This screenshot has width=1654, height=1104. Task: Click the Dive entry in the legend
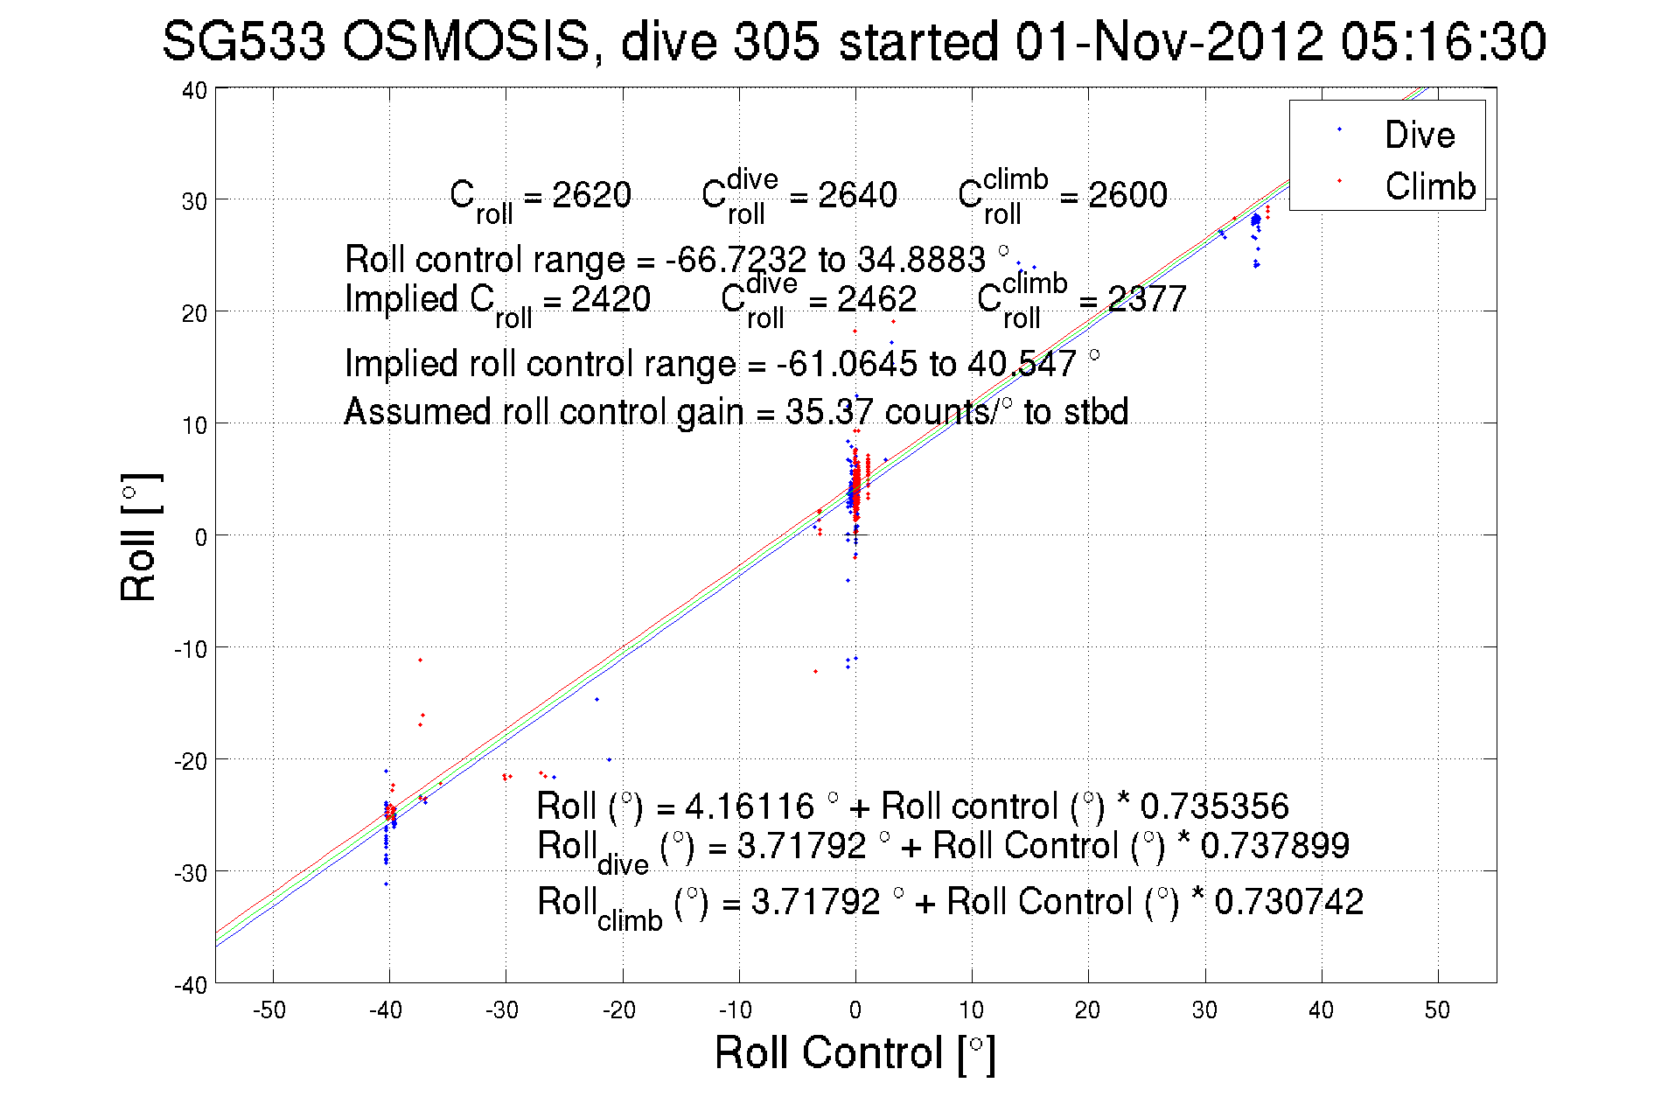(1419, 135)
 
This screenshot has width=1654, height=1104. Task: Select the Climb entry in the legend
(1429, 186)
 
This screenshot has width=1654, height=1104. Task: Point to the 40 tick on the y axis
(194, 90)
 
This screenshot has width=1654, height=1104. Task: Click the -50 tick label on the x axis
(269, 1010)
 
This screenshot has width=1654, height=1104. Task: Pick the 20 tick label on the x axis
(1087, 1010)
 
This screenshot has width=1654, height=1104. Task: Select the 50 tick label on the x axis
(1437, 1010)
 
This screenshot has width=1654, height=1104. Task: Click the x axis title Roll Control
(855, 1052)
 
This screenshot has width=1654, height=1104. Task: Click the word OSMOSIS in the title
(466, 41)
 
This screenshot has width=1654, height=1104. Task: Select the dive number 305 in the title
(778, 41)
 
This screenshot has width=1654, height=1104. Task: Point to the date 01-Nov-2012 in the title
(1169, 41)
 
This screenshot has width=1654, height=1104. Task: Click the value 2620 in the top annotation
(591, 194)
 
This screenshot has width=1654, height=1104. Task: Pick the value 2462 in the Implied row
(876, 299)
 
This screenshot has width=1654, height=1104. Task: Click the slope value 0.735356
(1214, 806)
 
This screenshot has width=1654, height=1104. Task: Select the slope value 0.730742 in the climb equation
(1288, 902)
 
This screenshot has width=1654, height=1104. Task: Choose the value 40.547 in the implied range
(1021, 364)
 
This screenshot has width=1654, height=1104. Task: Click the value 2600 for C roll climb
(1127, 194)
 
